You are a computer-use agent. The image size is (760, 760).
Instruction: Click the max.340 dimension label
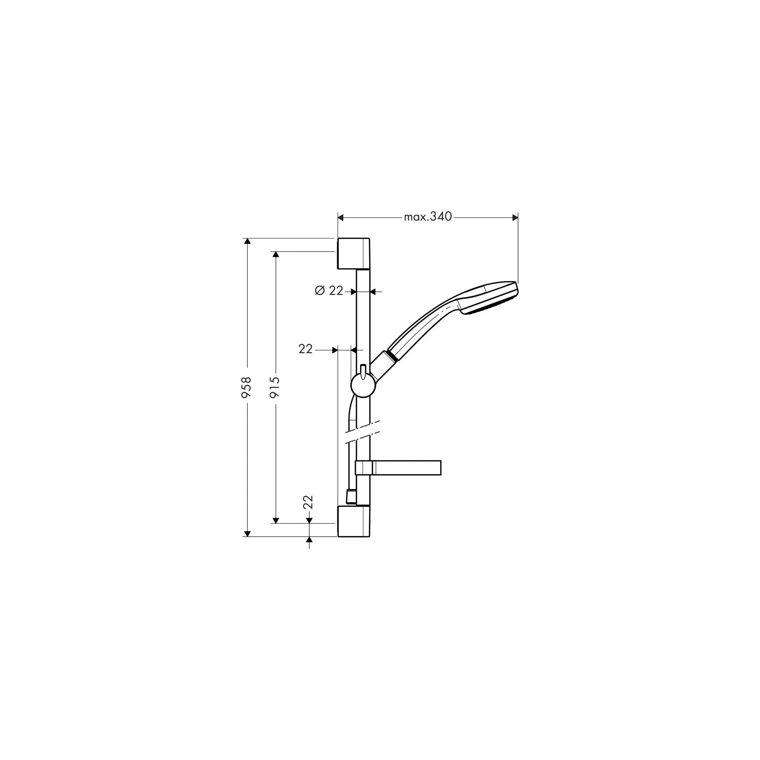point(428,217)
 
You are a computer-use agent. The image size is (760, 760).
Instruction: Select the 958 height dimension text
point(246,387)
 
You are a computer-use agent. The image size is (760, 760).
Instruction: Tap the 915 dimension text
point(275,387)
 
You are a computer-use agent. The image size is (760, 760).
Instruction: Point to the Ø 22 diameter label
point(329,291)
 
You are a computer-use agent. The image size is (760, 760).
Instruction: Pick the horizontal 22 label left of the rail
point(306,349)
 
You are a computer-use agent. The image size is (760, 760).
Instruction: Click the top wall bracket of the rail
point(354,254)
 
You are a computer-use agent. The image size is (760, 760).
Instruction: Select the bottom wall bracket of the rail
point(354,521)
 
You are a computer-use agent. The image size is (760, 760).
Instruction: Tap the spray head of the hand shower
point(491,299)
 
